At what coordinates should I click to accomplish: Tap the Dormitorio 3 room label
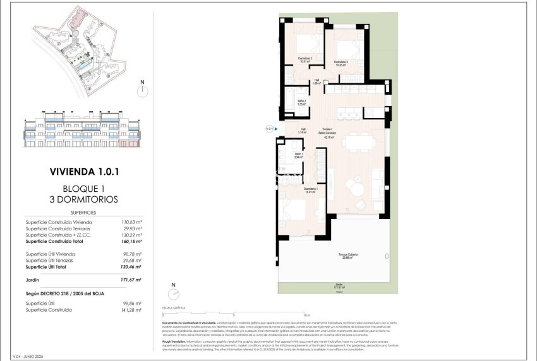pos(341,62)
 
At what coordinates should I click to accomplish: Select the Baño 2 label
pos(302,102)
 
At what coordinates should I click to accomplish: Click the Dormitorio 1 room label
pos(310,191)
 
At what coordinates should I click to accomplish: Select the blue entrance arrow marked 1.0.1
pos(275,129)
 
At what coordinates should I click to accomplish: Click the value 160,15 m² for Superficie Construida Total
pos(131,241)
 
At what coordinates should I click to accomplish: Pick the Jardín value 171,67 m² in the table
pos(131,280)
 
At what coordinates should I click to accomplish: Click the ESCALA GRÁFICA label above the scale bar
pos(174,309)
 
